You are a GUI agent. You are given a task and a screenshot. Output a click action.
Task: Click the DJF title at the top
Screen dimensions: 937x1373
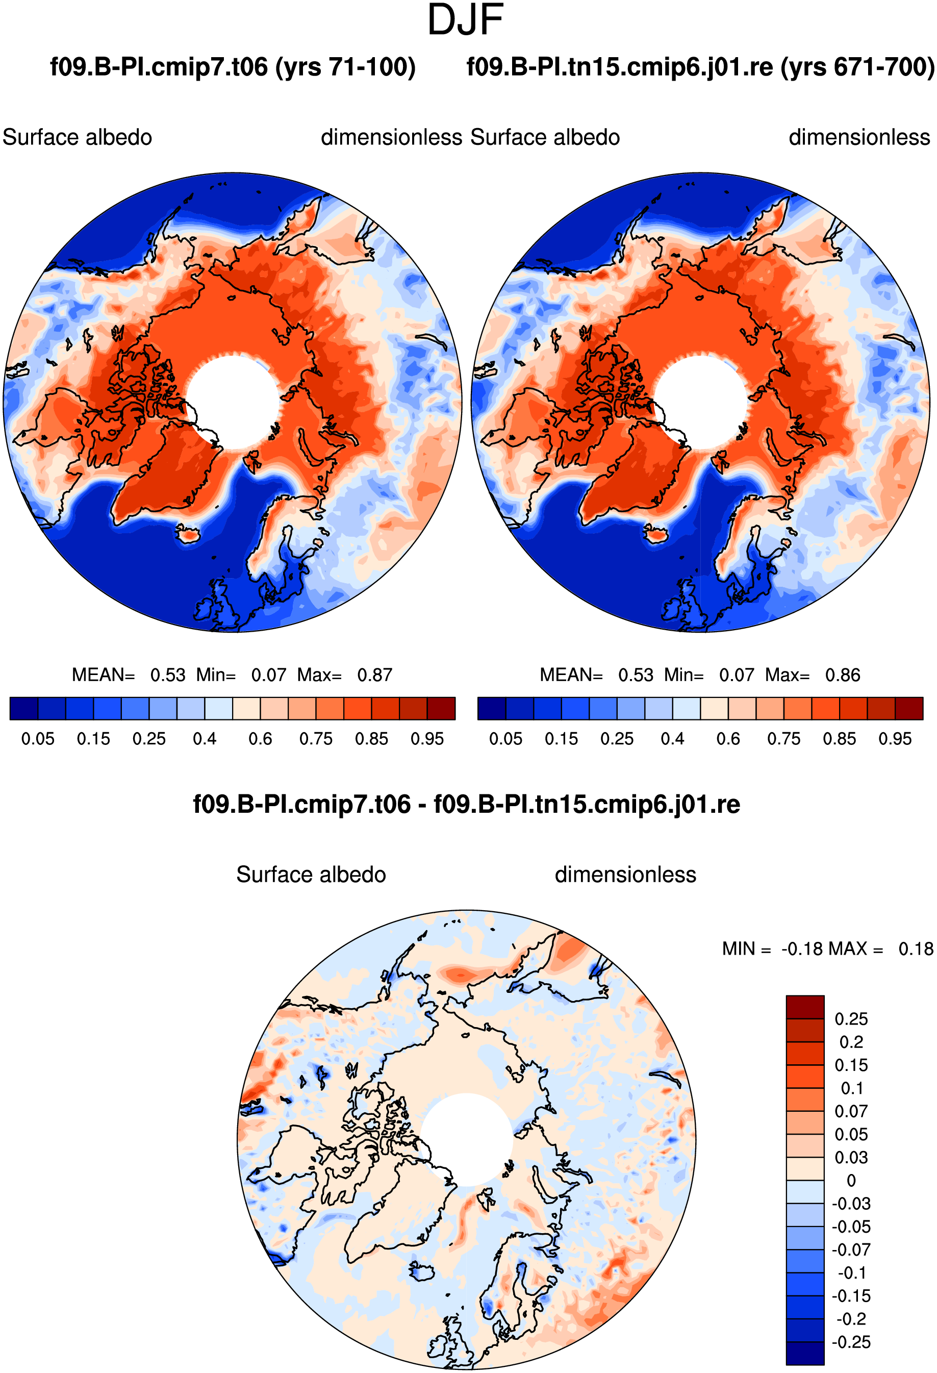[x=465, y=20]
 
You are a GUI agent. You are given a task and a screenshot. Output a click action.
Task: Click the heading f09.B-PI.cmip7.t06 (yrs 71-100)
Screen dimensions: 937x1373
[x=233, y=67]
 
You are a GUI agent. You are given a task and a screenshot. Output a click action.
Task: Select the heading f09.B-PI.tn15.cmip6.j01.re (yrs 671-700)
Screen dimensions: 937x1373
[x=701, y=67]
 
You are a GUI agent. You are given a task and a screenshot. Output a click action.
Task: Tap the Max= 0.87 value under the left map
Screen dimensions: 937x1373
[x=345, y=675]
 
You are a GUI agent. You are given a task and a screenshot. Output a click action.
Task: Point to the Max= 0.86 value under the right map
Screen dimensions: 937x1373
[x=813, y=675]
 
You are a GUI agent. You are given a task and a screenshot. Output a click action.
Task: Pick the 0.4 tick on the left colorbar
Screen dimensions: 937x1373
[x=205, y=738]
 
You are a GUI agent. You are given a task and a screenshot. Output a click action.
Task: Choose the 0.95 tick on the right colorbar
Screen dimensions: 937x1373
[x=895, y=738]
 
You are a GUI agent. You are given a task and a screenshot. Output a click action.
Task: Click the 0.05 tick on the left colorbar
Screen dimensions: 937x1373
[x=38, y=738]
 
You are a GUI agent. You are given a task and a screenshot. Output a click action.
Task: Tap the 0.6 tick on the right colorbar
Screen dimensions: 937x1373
[x=728, y=738]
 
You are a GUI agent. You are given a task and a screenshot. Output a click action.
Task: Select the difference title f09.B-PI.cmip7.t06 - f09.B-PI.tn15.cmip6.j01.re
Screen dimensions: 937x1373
[x=467, y=804]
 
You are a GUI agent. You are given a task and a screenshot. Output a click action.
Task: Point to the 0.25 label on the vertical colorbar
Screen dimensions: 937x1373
[x=851, y=1018]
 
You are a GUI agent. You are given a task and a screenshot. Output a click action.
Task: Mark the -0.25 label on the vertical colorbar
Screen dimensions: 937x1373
[x=851, y=1342]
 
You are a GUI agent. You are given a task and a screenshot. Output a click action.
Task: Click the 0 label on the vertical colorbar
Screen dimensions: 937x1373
[x=851, y=1181]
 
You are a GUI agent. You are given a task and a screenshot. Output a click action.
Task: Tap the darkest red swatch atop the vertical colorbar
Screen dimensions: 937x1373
[x=805, y=1007]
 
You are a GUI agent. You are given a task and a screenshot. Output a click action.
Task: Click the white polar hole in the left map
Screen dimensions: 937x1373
[x=232, y=402]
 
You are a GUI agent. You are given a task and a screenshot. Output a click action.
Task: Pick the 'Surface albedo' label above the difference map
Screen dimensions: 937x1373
[x=311, y=875]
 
